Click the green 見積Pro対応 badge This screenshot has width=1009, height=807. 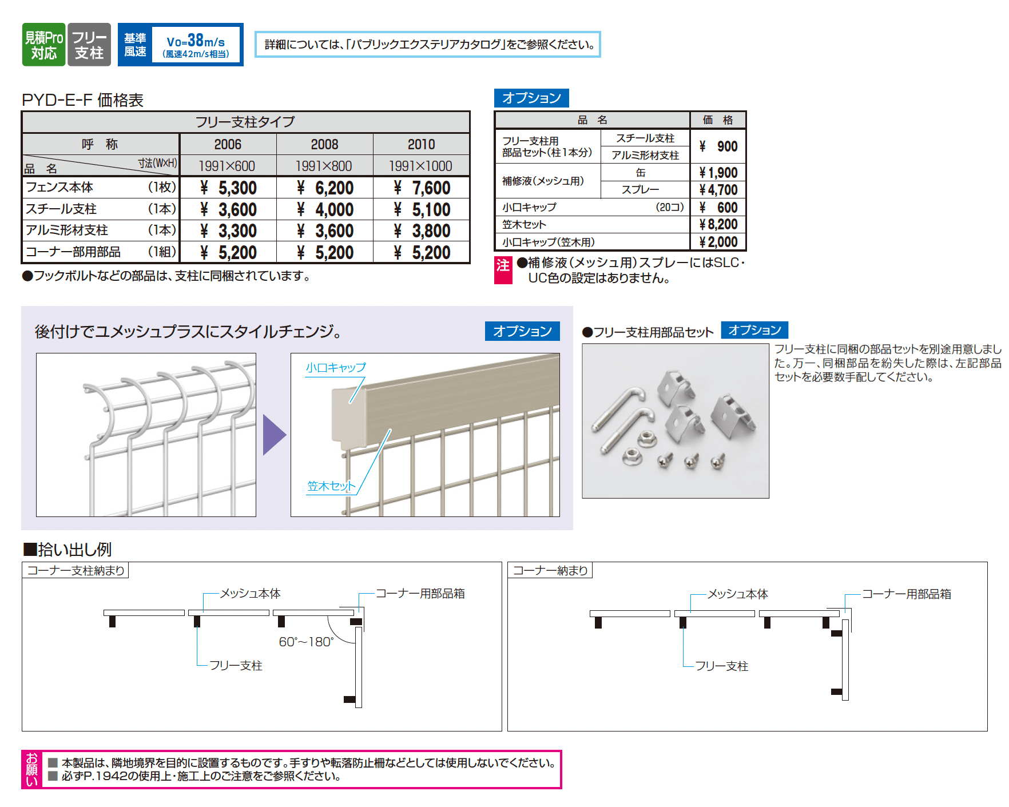click(x=43, y=45)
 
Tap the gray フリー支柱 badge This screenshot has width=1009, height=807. click(x=89, y=45)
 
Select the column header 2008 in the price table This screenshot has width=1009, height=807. click(x=324, y=144)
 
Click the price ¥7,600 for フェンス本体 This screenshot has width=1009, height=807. click(x=422, y=188)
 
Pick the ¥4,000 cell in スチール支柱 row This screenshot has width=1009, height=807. click(x=325, y=209)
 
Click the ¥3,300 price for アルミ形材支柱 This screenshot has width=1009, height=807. click(x=228, y=230)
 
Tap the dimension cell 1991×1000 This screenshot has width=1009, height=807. click(x=420, y=166)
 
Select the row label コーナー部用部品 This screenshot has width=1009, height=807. click(x=73, y=252)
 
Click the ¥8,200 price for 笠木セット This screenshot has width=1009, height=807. click(x=718, y=224)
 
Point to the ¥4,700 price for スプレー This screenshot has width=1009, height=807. click(x=718, y=189)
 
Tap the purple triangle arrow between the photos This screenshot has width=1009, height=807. click(x=273, y=435)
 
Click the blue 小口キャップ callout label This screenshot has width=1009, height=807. click(x=335, y=367)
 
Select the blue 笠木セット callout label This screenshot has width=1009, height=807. click(x=331, y=486)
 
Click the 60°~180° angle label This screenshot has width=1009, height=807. click(x=306, y=642)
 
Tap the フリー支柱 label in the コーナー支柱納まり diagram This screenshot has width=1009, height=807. click(x=235, y=665)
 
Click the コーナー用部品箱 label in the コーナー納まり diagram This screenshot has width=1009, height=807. click(x=906, y=594)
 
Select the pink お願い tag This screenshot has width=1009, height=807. click(x=31, y=769)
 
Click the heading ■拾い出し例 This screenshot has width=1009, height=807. click(x=67, y=549)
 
